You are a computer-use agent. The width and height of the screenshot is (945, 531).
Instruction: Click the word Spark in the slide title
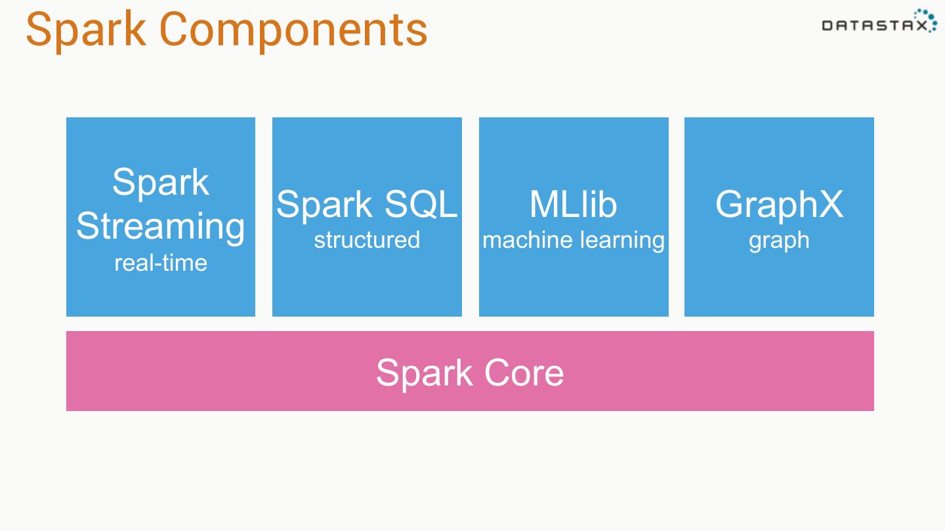(86, 31)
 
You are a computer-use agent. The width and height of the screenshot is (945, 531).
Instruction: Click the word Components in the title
(293, 31)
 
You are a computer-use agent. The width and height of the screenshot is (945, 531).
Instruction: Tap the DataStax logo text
(875, 26)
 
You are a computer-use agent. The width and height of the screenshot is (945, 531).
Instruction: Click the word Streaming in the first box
(161, 227)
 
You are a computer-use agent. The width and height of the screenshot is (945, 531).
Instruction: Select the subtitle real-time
(161, 263)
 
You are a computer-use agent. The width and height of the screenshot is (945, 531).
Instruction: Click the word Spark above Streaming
(161, 182)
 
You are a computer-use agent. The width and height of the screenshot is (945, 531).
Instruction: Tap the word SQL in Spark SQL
(421, 205)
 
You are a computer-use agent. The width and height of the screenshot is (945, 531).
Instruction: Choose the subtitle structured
(367, 240)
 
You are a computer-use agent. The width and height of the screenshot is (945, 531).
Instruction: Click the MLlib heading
(574, 205)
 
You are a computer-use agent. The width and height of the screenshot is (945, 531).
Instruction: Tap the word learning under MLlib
(623, 241)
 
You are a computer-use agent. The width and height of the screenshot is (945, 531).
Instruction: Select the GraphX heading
(779, 205)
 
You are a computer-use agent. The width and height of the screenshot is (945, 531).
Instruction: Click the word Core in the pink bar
(524, 372)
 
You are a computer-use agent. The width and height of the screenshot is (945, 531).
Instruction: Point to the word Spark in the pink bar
(425, 374)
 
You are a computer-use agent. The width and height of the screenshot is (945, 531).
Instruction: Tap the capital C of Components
(174, 29)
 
